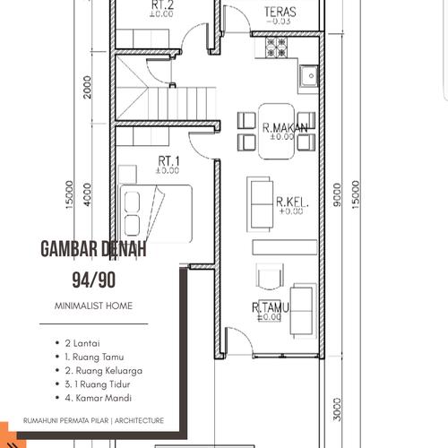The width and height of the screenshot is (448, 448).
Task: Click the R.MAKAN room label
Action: [285, 128]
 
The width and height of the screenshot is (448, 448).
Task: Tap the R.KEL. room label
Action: [292, 202]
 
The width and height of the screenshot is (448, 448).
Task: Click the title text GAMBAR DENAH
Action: [93, 250]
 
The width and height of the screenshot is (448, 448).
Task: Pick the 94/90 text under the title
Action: [93, 280]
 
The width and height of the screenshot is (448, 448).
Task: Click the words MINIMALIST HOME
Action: [93, 306]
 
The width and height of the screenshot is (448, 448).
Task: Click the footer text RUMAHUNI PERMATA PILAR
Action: [58, 419]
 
